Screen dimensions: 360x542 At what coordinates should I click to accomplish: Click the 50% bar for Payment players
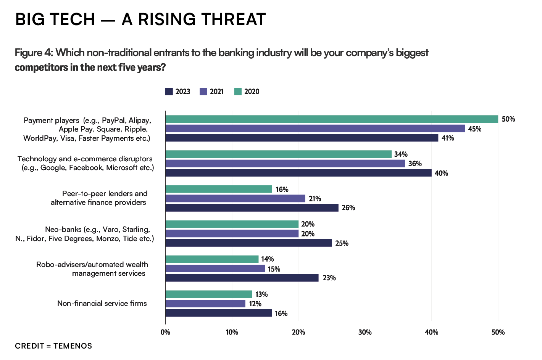[x=331, y=119]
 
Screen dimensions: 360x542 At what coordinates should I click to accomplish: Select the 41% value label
[x=448, y=138]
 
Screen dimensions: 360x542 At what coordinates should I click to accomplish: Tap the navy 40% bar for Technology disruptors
[x=298, y=173]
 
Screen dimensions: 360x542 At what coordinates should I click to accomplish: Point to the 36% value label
[x=415, y=164]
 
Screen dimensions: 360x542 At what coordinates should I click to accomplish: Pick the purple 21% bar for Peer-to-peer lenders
[x=235, y=198]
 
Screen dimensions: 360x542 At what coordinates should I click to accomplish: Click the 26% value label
[x=348, y=208]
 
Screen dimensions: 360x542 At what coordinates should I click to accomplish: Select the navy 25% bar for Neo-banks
[x=248, y=243]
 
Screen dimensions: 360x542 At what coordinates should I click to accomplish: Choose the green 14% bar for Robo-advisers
[x=212, y=259]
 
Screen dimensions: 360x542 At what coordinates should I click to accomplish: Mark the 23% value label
[x=329, y=278]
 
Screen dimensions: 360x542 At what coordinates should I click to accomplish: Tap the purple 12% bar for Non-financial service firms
[x=205, y=304]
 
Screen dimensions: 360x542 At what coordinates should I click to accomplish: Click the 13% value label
[x=261, y=294]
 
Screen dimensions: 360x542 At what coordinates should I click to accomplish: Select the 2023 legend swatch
[x=169, y=92]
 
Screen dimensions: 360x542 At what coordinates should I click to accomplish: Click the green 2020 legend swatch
[x=238, y=92]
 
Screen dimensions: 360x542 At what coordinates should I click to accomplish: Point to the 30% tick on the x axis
[x=365, y=332]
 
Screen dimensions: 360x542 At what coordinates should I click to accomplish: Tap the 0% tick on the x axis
[x=165, y=332]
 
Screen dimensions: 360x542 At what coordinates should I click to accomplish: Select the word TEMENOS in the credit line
[x=73, y=346]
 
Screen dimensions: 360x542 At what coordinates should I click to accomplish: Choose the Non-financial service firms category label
[x=102, y=304]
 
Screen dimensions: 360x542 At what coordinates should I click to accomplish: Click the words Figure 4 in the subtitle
[x=34, y=53]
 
